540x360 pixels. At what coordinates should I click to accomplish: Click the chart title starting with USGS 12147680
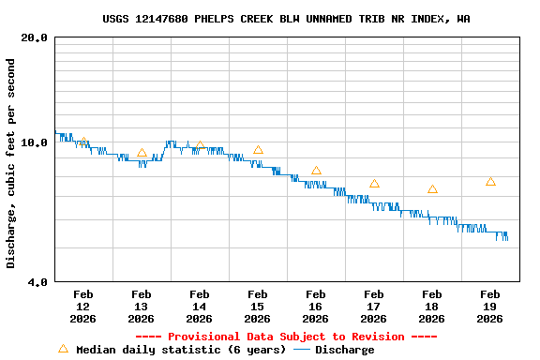pyautogui.click(x=286, y=19)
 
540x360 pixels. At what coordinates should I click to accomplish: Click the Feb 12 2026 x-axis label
pyautogui.click(x=82, y=306)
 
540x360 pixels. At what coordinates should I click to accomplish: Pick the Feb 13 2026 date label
pyautogui.click(x=141, y=306)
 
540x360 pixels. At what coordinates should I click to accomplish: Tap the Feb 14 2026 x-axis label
pyautogui.click(x=199, y=306)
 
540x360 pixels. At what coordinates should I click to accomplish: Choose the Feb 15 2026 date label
pyautogui.click(x=257, y=306)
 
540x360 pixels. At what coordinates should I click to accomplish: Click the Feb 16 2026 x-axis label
pyautogui.click(x=315, y=306)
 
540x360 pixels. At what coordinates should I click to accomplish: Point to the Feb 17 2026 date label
pyautogui.click(x=373, y=306)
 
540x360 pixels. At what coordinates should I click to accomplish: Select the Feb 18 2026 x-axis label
pyautogui.click(x=431, y=306)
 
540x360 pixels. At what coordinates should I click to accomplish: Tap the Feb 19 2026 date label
pyautogui.click(x=489, y=306)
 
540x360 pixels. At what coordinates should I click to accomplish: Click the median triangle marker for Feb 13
pyautogui.click(x=142, y=153)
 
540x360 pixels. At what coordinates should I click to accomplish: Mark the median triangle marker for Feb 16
pyautogui.click(x=316, y=171)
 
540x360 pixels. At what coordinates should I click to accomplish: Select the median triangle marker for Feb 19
pyautogui.click(x=490, y=181)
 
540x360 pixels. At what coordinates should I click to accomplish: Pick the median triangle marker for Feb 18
pyautogui.click(x=432, y=189)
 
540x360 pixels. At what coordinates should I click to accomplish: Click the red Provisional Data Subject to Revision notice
pyautogui.click(x=286, y=337)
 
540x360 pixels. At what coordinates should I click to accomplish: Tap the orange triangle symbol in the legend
pyautogui.click(x=63, y=349)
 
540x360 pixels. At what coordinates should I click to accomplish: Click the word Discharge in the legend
pyautogui.click(x=344, y=350)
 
